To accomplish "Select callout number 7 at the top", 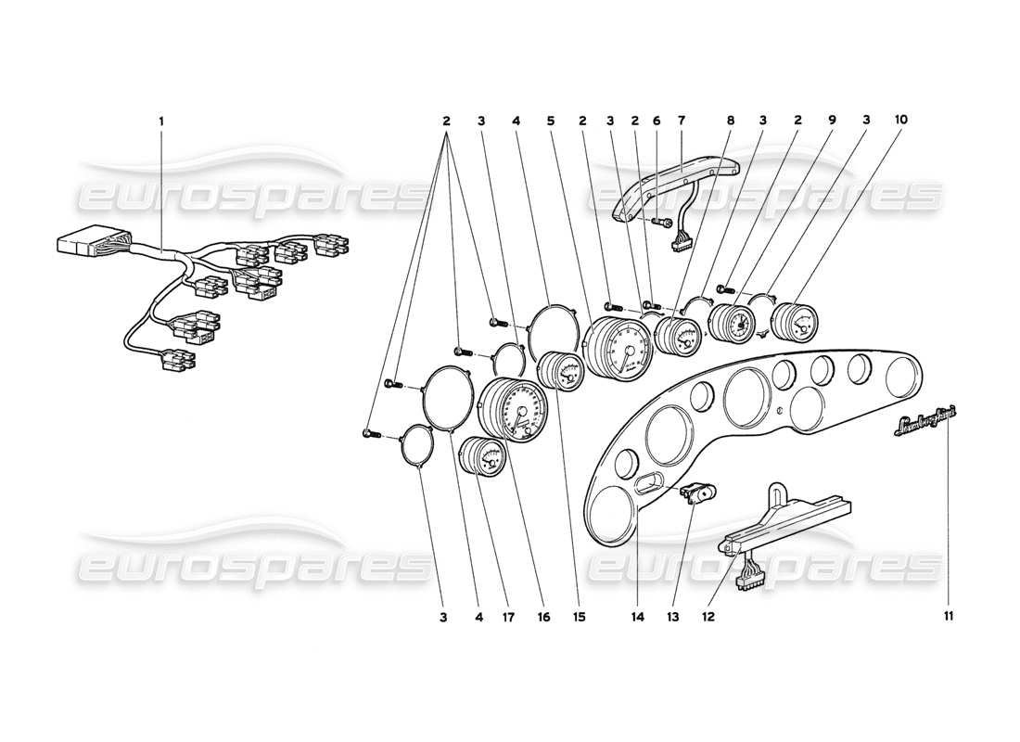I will pos(681,121).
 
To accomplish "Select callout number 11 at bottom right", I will pos(948,614).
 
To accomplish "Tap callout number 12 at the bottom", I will pos(708,614).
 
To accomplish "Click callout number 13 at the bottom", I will pos(674,614).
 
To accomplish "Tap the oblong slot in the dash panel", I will pos(649,481).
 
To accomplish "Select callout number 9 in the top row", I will pos(833,121).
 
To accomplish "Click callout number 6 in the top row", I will pos(656,121).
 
